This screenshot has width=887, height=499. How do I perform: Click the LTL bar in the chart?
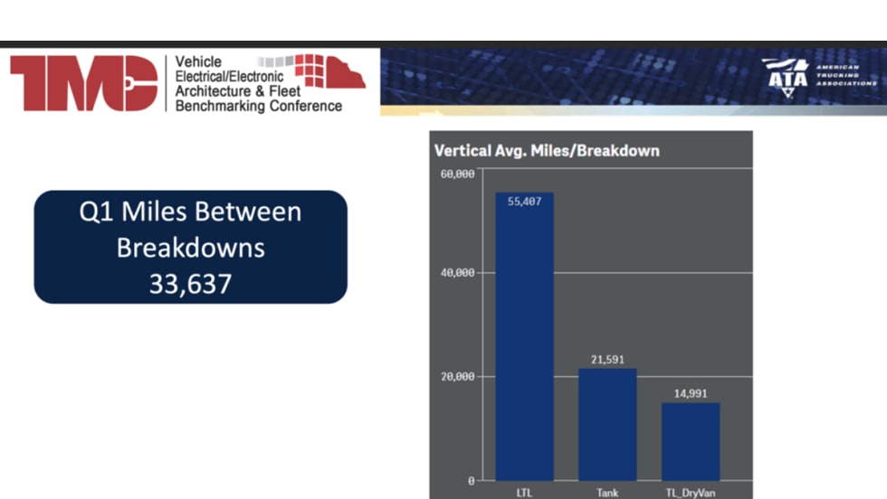[x=524, y=337]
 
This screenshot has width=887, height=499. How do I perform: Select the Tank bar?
[x=607, y=424]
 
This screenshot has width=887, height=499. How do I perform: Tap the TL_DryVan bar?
[x=691, y=442]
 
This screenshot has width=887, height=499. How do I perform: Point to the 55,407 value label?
[x=524, y=202]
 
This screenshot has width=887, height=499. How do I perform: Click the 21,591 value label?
[x=607, y=360]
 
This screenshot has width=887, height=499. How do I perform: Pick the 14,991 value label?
[x=691, y=393]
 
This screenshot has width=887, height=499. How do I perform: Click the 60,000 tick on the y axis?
[x=458, y=174]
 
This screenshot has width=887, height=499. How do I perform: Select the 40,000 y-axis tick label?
[x=458, y=272]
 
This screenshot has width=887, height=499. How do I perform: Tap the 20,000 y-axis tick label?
[x=458, y=376]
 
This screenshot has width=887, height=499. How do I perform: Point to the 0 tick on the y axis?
[x=472, y=481]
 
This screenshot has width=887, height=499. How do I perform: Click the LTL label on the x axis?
[x=524, y=493]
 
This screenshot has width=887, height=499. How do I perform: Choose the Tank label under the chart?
[x=607, y=493]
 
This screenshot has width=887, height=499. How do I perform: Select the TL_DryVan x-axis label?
[x=691, y=493]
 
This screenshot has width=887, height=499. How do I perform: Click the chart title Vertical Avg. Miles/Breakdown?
[x=547, y=151]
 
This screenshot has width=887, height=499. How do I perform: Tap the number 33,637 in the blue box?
[x=191, y=284]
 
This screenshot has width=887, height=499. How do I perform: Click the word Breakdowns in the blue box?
[x=191, y=248]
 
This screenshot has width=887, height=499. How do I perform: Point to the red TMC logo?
[x=83, y=83]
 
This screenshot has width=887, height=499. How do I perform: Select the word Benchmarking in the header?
[x=220, y=107]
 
